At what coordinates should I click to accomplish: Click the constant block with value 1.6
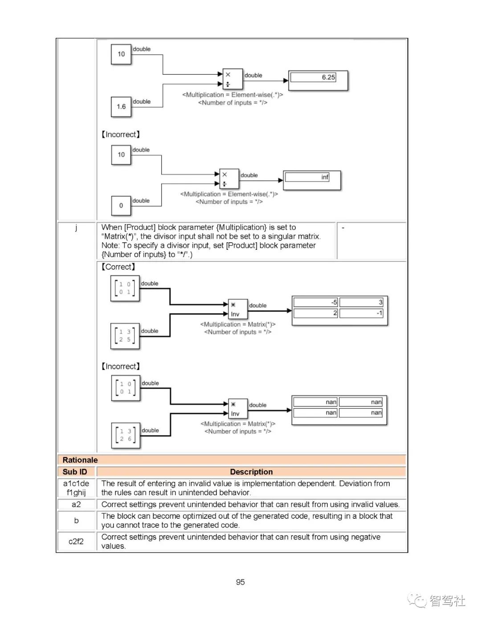coord(121,107)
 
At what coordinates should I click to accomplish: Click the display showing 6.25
coord(318,81)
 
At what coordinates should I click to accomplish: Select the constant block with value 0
coord(121,206)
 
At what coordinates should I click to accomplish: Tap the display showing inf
coord(312,180)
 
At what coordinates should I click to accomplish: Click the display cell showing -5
coord(316,302)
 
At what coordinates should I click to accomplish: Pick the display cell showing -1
coord(361,313)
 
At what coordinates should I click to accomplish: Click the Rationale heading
coord(80,460)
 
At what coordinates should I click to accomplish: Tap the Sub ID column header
coord(75,472)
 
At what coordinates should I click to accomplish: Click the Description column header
coord(251,472)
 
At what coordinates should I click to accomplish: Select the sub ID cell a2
coord(76,504)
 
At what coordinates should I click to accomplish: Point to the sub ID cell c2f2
coord(76,541)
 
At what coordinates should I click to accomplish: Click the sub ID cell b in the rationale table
coord(76,520)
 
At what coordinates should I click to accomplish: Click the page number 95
coord(240,582)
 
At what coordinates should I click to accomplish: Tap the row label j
coord(76,228)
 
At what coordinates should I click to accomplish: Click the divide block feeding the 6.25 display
coord(232,79)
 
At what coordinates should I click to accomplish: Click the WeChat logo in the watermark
coord(417,601)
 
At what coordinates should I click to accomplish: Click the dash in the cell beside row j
coord(343,228)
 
